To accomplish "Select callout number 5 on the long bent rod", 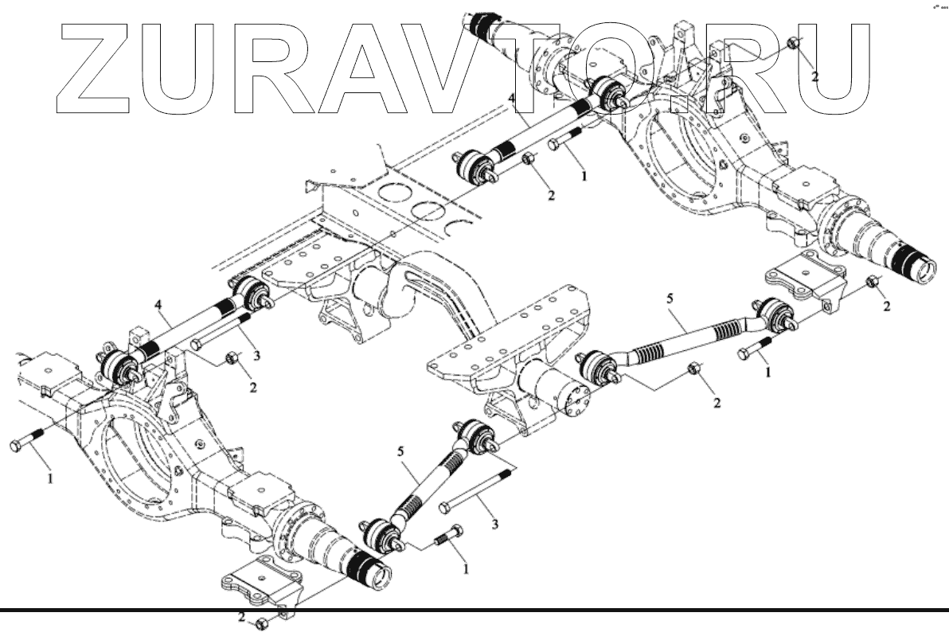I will tap(669, 299).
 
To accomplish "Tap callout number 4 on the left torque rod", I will tap(158, 304).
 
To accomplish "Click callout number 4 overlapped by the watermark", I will tap(513, 99).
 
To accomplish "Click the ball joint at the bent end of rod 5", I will tap(771, 312).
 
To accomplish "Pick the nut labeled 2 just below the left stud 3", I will tap(232, 359).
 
